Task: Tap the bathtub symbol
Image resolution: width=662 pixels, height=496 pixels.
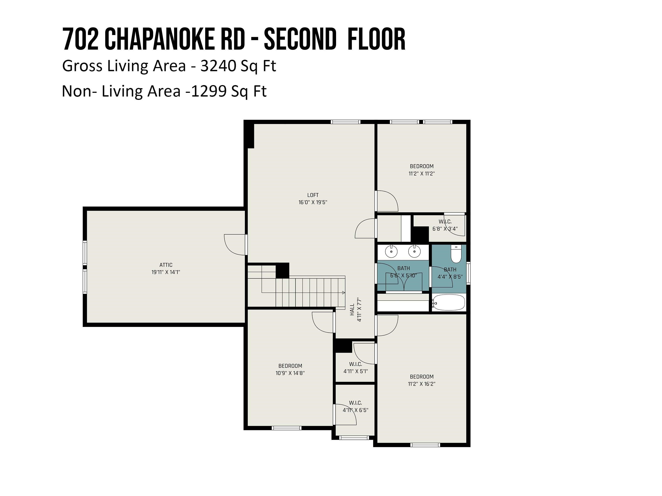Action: [x=449, y=303]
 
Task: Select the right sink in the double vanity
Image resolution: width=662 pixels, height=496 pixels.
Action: [x=414, y=252]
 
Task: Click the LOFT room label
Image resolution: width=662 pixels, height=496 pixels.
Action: [x=313, y=195]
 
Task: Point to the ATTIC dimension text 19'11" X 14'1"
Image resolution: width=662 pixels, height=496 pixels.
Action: [x=166, y=272]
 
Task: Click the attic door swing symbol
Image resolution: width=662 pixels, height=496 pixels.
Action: [x=235, y=244]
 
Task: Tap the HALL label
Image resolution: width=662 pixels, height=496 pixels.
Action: [x=352, y=310]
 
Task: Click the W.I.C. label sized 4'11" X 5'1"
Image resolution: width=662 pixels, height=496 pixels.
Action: [x=355, y=364]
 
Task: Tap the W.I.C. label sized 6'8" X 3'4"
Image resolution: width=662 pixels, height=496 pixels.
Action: [x=445, y=222]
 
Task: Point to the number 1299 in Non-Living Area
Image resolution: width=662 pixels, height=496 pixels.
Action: [x=209, y=91]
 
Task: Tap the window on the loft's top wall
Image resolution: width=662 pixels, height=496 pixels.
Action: [x=345, y=122]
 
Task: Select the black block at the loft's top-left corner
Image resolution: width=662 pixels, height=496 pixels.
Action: [x=249, y=135]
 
